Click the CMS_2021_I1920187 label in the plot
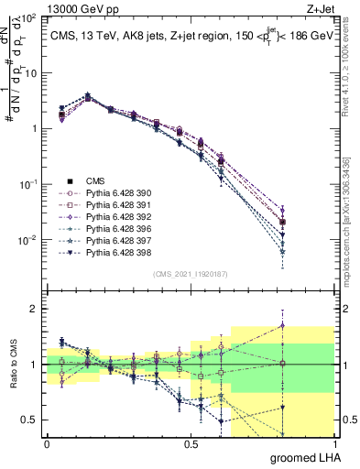click(190, 272)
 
